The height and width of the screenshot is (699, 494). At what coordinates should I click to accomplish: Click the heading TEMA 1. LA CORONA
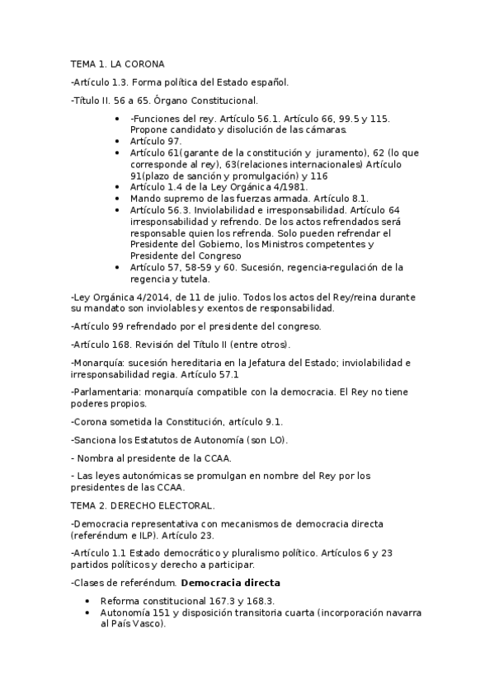coord(118,63)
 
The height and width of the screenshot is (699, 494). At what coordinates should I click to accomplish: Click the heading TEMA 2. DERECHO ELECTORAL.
coord(143,504)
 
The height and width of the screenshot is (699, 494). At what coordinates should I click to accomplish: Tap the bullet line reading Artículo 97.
coord(157,141)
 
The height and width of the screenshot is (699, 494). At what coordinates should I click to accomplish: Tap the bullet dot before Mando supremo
coord(119,199)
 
